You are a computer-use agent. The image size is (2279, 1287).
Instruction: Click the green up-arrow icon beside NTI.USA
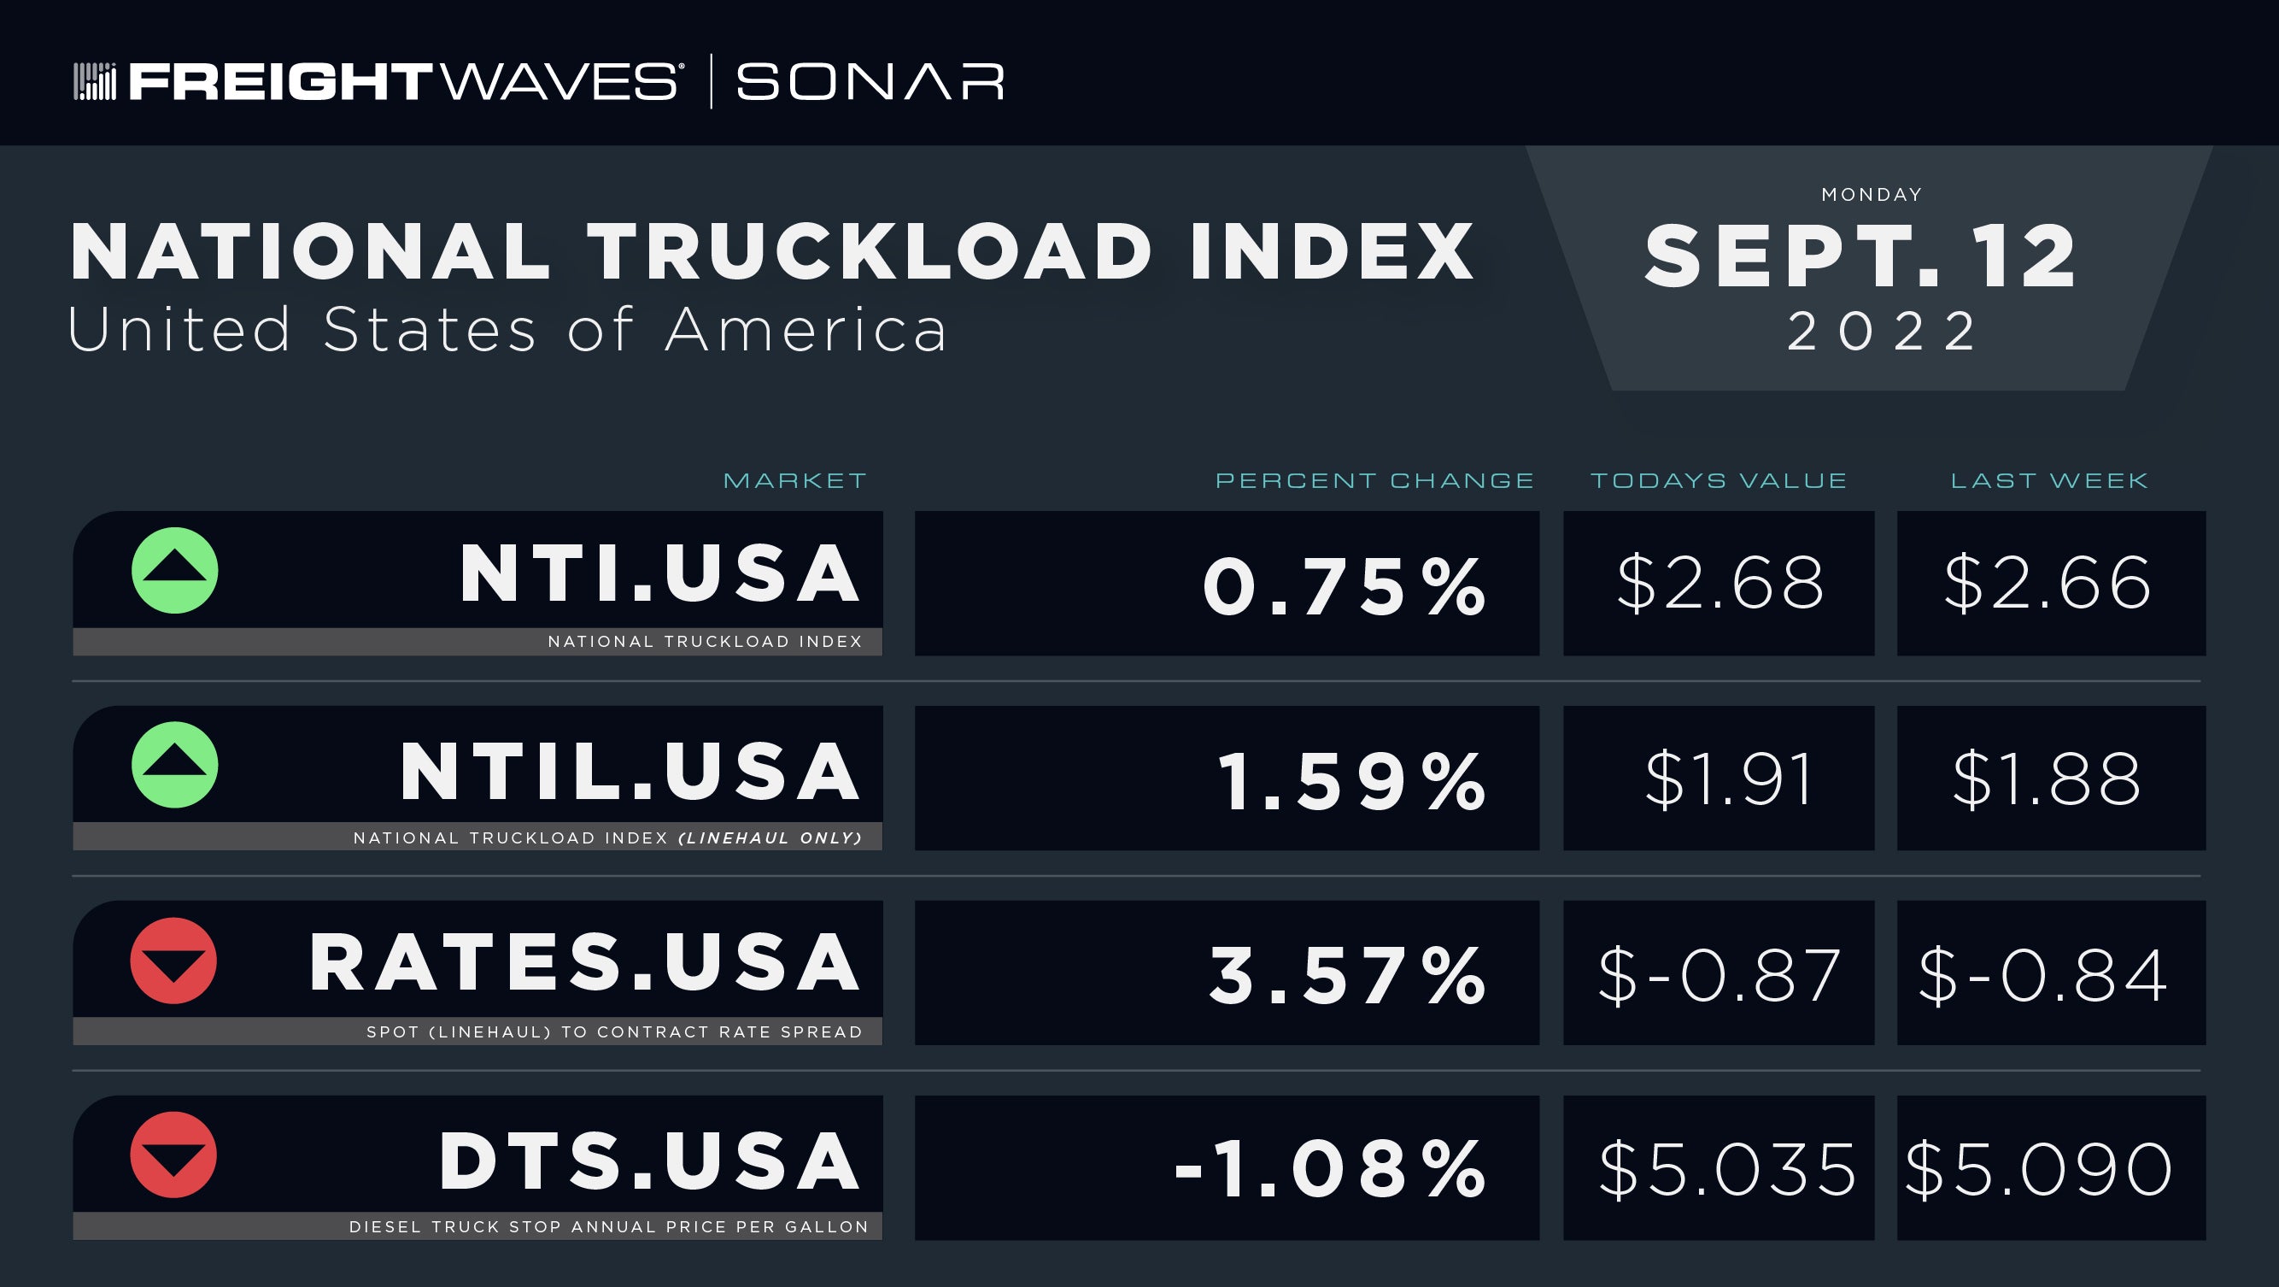tap(174, 571)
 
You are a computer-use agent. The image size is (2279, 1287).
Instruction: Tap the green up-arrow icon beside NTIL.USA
tap(174, 766)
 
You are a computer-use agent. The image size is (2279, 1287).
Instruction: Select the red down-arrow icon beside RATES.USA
tap(173, 961)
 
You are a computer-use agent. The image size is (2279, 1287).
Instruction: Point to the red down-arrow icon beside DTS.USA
tap(173, 1155)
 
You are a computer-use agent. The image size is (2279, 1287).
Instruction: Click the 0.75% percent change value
tap(1344, 587)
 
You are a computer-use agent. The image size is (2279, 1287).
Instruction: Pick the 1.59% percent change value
tap(1352, 782)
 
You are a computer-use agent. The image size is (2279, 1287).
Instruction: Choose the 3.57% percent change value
tap(1347, 976)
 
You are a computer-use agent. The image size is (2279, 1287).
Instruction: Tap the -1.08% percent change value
tap(1330, 1170)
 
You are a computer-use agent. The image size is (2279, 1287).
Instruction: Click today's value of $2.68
tap(1720, 584)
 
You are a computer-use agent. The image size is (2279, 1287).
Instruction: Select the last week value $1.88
tap(2047, 779)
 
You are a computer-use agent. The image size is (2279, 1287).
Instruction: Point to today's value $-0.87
tap(1720, 975)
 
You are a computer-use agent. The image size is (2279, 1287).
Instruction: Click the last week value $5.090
tap(2038, 1170)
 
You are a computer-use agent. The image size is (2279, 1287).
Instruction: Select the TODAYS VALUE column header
tap(1719, 480)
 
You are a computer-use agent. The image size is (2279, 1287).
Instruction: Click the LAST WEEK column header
tap(2050, 480)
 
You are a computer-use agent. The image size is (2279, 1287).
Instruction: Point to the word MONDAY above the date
tap(1872, 195)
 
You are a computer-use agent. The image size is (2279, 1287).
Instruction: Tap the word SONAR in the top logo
tap(870, 82)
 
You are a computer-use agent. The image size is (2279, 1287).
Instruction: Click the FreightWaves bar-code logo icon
tap(95, 81)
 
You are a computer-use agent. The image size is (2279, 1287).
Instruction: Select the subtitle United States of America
tap(507, 329)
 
